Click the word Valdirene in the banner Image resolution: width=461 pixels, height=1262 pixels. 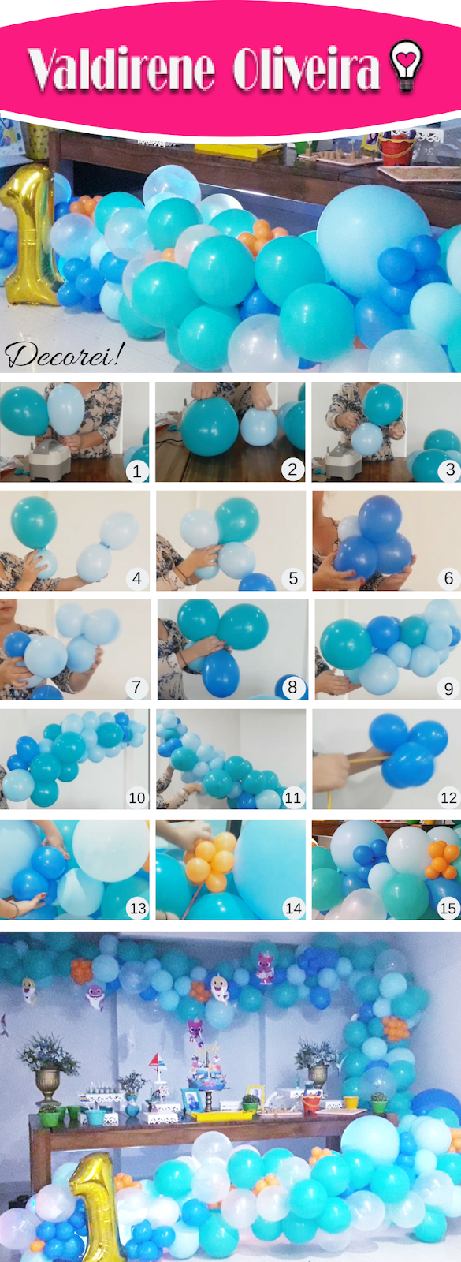(121, 69)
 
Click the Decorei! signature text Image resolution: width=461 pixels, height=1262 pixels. (64, 355)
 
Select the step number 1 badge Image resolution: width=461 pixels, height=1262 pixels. (137, 469)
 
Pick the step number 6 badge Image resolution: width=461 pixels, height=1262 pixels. (448, 578)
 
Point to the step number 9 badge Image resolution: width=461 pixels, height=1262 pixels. (448, 687)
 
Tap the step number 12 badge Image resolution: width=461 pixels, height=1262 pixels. (448, 797)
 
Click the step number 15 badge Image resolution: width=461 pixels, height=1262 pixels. (448, 908)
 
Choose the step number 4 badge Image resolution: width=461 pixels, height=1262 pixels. (137, 578)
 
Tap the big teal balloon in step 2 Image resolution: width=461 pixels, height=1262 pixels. (210, 426)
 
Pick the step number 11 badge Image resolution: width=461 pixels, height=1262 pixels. (292, 797)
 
